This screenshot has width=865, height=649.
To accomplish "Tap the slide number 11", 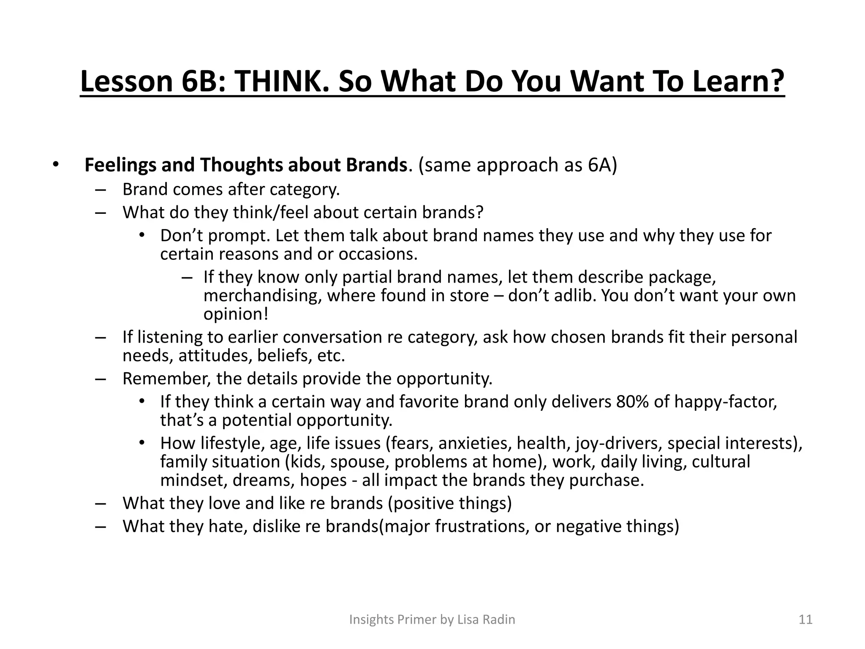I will [x=805, y=619].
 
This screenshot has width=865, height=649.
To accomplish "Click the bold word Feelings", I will [x=120, y=165].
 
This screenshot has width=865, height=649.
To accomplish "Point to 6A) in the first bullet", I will [x=602, y=165].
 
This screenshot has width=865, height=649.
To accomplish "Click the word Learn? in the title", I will [x=737, y=82].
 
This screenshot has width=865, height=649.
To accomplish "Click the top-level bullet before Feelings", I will [x=55, y=165].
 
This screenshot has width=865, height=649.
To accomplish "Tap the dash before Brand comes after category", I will [x=100, y=190].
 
